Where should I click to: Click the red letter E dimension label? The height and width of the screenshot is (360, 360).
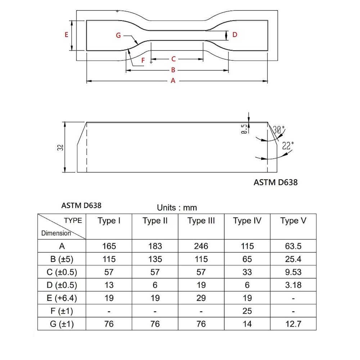click(66, 35)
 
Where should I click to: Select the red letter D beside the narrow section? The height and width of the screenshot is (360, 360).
click(235, 35)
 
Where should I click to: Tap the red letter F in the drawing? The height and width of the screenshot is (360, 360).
click(143, 60)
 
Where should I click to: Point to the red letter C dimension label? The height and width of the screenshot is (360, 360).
click(173, 59)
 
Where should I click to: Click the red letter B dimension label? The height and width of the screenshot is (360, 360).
click(173, 70)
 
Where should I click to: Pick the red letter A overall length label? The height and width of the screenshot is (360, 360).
click(173, 81)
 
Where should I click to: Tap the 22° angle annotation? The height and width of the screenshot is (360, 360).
click(288, 146)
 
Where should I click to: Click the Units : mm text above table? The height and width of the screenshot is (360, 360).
click(177, 208)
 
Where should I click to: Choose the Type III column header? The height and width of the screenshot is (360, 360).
click(201, 221)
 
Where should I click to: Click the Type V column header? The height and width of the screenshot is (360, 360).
click(293, 221)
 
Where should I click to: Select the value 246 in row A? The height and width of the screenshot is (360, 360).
click(201, 246)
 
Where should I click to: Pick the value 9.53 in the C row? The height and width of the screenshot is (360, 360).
click(293, 272)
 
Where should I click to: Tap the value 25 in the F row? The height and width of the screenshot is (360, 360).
click(247, 311)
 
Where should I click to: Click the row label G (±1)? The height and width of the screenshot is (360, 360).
click(62, 324)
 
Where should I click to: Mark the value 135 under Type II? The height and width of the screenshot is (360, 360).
click(155, 259)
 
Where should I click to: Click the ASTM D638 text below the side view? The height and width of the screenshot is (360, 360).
click(276, 182)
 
